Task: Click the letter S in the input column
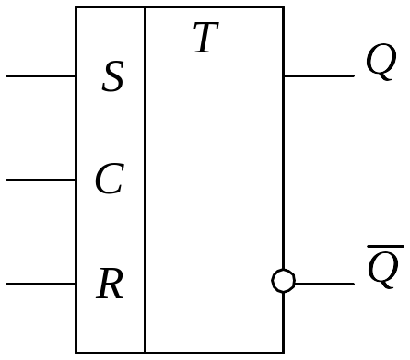[112, 76]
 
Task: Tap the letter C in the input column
[110, 179]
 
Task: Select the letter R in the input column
[110, 284]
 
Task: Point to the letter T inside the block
[206, 37]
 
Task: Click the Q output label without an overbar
[381, 62]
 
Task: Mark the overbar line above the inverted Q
[385, 246]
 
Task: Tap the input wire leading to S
[41, 75]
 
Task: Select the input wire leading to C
[41, 180]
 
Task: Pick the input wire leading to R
[41, 285]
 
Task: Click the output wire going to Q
[319, 75]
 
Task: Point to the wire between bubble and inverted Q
[325, 285]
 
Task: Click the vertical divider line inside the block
[145, 180]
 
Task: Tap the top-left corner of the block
[76, 6]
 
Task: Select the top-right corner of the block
[283, 6]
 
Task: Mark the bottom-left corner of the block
[76, 353]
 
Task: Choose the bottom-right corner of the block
[283, 353]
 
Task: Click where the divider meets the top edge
[145, 6]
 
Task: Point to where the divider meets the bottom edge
[145, 353]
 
